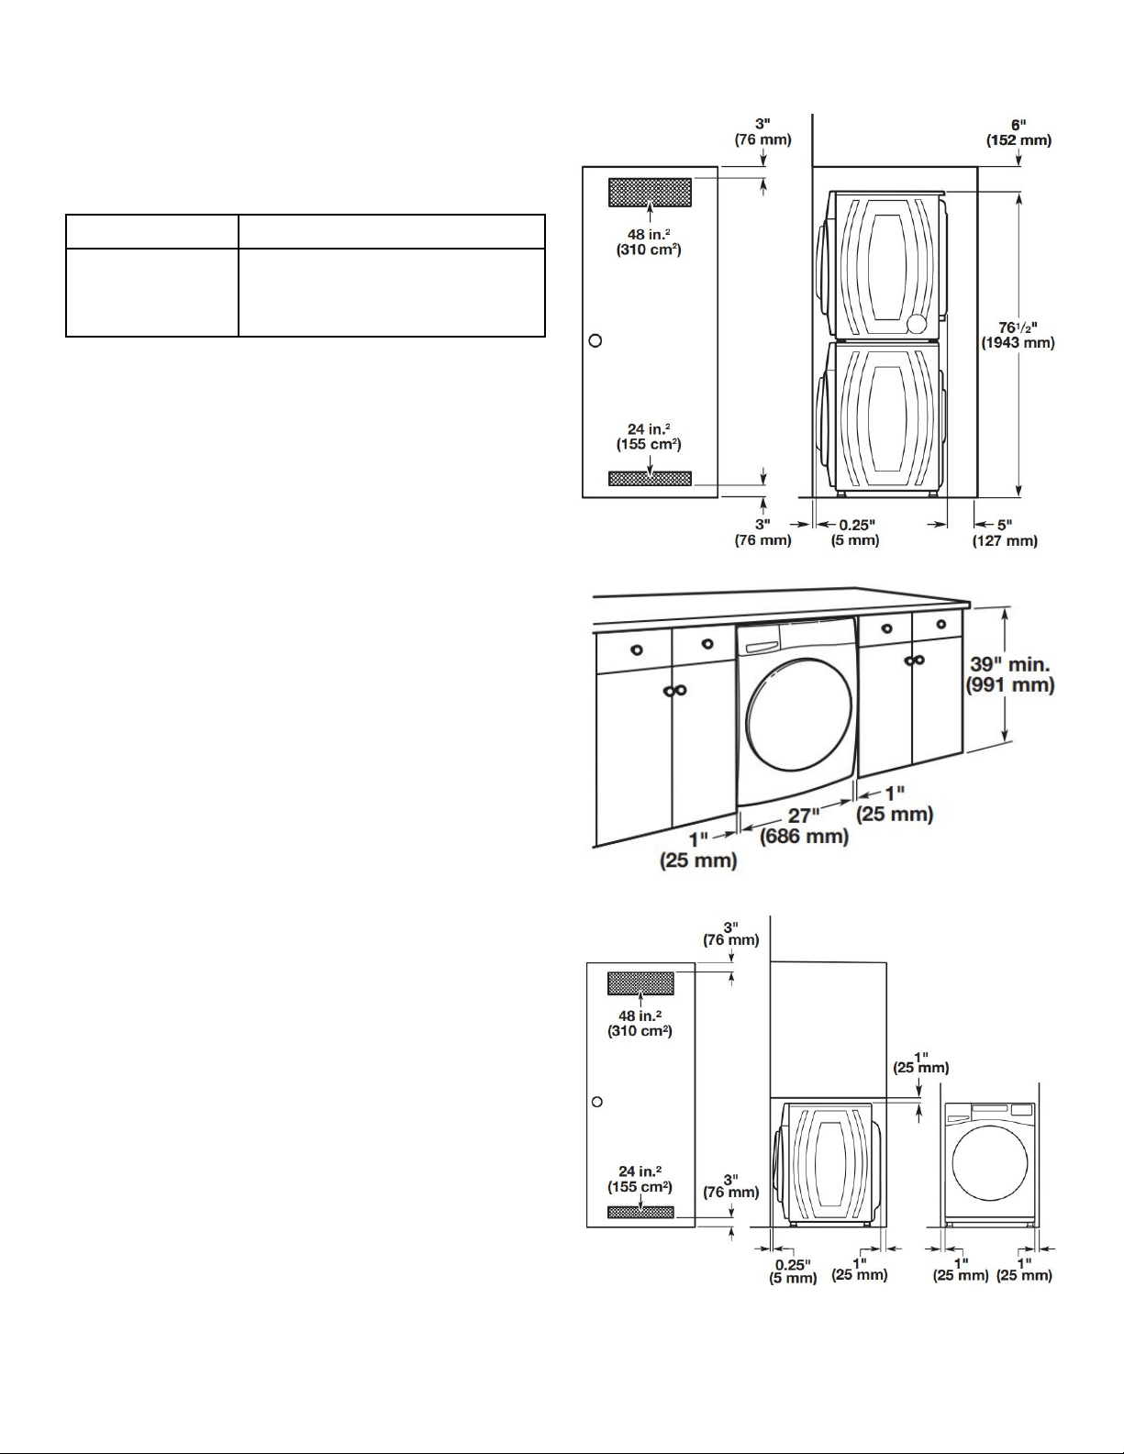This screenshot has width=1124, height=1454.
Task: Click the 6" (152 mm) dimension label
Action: pyautogui.click(x=1018, y=132)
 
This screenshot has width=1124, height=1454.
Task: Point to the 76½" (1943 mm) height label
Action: pyautogui.click(x=1018, y=335)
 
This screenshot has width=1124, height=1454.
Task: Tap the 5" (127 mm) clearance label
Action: pyautogui.click(x=1005, y=533)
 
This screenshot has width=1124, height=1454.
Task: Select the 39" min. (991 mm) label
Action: pyautogui.click(x=1010, y=674)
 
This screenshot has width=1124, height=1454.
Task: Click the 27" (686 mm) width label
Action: pyautogui.click(x=804, y=827)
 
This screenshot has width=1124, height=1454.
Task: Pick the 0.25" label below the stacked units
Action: pyautogui.click(x=857, y=525)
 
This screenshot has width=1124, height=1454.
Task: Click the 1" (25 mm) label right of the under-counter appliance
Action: pyautogui.click(x=895, y=804)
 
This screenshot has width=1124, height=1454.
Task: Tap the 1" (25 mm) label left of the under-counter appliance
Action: pyautogui.click(x=698, y=849)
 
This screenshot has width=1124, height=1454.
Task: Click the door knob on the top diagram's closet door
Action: pyautogui.click(x=595, y=340)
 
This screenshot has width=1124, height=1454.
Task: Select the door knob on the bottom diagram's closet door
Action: pyautogui.click(x=597, y=1102)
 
